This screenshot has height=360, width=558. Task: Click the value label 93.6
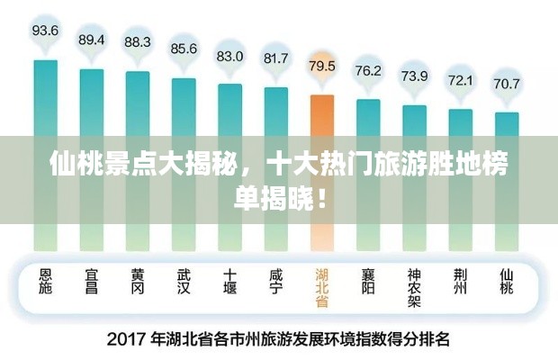tap(45, 31)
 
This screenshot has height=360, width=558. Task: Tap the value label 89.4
tap(91, 40)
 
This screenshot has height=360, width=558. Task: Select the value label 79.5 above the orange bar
tap(321, 66)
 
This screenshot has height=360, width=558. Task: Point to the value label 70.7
tap(506, 84)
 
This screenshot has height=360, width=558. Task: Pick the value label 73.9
tap(414, 76)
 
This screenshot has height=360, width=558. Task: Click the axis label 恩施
tap(45, 283)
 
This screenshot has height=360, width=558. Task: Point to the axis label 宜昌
tap(91, 283)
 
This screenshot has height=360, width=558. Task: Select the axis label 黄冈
tap(137, 283)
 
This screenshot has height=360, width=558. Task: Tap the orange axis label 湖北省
tap(322, 289)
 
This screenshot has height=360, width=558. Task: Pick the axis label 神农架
tap(414, 289)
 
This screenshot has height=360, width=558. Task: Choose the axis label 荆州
tap(460, 283)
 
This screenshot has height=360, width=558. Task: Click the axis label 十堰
tap(229, 283)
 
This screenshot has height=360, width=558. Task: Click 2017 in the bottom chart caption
tap(127, 340)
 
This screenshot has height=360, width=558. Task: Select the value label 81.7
tap(275, 58)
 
